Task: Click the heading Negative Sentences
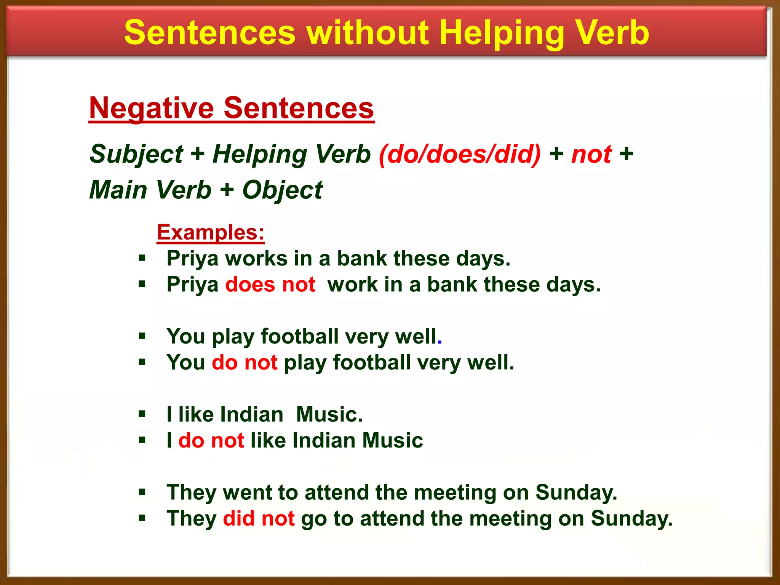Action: click(x=232, y=108)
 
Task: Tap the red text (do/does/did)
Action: click(x=460, y=154)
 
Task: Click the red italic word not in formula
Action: click(x=591, y=154)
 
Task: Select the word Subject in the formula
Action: click(x=136, y=154)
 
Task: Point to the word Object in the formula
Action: click(x=282, y=190)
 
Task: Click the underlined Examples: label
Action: click(x=211, y=232)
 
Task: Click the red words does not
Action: click(x=270, y=285)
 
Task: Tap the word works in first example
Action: click(x=256, y=259)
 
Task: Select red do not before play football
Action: click(x=245, y=362)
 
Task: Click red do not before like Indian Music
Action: click(x=211, y=440)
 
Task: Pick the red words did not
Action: click(x=259, y=518)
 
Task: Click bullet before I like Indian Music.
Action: click(x=142, y=414)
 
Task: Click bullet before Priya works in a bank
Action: click(x=142, y=259)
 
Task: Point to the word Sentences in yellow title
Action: click(x=210, y=34)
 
